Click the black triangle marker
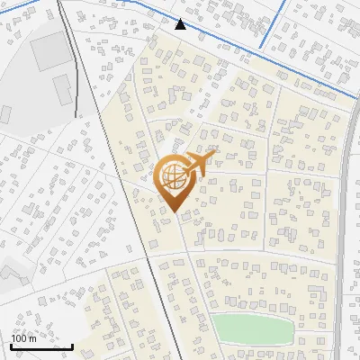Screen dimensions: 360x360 pos(181,24)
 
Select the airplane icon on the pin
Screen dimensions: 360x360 pos(200,163)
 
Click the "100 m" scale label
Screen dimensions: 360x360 pos(24,337)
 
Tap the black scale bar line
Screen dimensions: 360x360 pos(41,346)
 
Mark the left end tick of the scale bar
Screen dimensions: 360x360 pos(11,345)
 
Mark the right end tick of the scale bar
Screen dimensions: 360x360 pos(72,345)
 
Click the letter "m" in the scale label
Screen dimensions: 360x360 pos(33,337)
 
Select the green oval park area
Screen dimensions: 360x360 pos(253,328)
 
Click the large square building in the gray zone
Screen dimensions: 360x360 pos(49,55)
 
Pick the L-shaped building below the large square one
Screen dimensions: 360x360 pos(62,88)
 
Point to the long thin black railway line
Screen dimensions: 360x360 pos(126,180)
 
